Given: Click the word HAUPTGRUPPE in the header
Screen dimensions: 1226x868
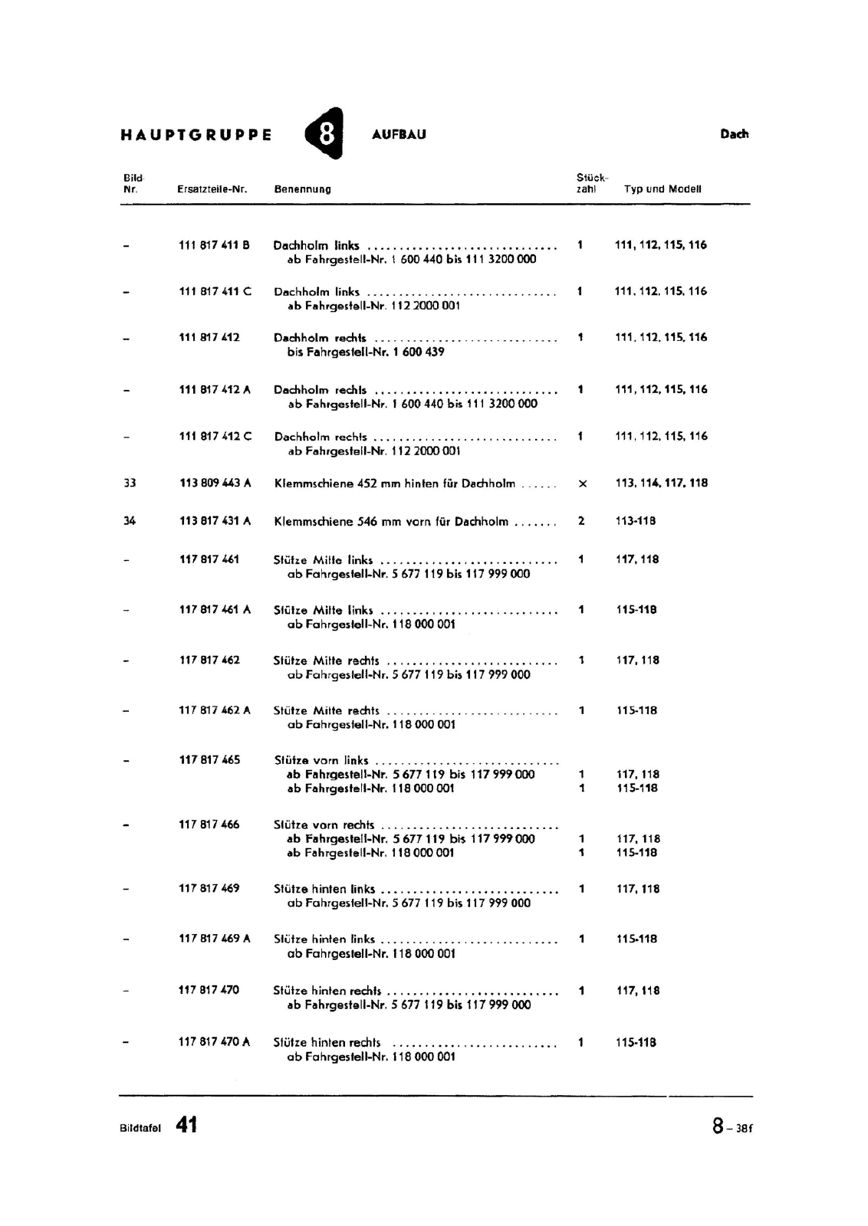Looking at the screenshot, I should click(x=196, y=136).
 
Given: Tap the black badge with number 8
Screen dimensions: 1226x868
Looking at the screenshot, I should click(x=325, y=134).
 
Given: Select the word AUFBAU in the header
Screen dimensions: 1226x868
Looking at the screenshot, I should click(x=399, y=135).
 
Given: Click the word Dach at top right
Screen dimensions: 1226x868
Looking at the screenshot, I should click(x=734, y=134).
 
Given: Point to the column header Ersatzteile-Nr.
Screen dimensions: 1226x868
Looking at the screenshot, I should click(x=212, y=189).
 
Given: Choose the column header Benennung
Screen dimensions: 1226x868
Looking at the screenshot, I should click(x=303, y=189).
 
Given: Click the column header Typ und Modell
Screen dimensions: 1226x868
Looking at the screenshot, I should click(x=663, y=189).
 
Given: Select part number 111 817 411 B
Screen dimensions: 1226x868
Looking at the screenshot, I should click(x=214, y=245).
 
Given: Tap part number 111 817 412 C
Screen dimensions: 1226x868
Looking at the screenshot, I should click(x=215, y=436).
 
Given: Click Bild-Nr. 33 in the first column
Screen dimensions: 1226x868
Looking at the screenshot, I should click(x=130, y=483).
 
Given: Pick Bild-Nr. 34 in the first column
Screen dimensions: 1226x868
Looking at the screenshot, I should click(x=130, y=521).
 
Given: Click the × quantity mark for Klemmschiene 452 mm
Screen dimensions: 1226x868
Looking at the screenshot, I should click(x=582, y=484).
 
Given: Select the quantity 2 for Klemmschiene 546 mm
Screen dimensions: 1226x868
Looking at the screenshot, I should click(x=581, y=521).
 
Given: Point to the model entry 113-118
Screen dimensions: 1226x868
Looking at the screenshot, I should click(x=636, y=521).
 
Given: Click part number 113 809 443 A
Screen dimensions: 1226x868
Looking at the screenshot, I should click(x=215, y=483).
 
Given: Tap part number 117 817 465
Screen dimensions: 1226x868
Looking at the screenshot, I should click(x=209, y=760).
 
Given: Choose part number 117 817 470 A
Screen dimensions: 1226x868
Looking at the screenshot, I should click(x=214, y=1042).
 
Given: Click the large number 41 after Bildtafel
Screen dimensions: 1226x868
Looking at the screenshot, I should click(x=186, y=1125).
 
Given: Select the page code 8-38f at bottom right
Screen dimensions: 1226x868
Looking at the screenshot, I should click(x=732, y=1126).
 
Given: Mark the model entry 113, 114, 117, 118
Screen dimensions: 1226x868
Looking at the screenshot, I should click(x=661, y=483).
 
